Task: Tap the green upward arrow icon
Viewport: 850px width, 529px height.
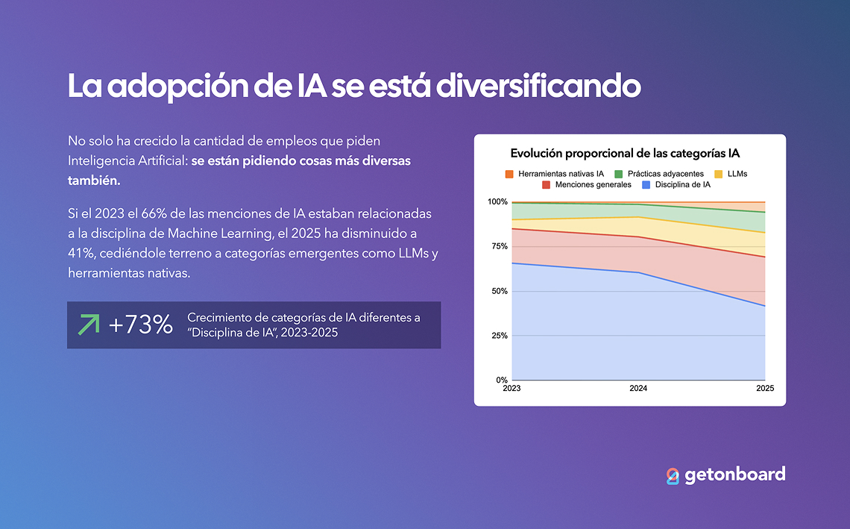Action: (x=89, y=325)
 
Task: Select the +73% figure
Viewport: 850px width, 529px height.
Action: (x=141, y=325)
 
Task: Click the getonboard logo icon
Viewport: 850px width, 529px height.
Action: (x=673, y=475)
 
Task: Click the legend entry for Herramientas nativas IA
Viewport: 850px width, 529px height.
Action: (x=555, y=174)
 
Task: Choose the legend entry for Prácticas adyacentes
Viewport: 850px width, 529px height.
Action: (x=658, y=174)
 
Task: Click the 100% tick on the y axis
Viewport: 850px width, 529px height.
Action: (x=497, y=202)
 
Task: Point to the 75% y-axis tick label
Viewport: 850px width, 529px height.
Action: (x=499, y=246)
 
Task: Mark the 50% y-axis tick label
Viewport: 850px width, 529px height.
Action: (x=499, y=291)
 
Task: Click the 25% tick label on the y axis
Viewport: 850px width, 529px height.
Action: (x=499, y=336)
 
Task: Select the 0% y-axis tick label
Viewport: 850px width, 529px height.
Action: (x=501, y=381)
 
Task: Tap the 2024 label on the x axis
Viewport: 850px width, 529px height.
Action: (x=638, y=389)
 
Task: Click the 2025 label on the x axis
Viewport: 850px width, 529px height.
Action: (x=765, y=389)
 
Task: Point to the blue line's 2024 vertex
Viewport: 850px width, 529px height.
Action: (x=638, y=272)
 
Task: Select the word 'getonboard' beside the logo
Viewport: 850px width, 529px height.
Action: (x=734, y=475)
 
